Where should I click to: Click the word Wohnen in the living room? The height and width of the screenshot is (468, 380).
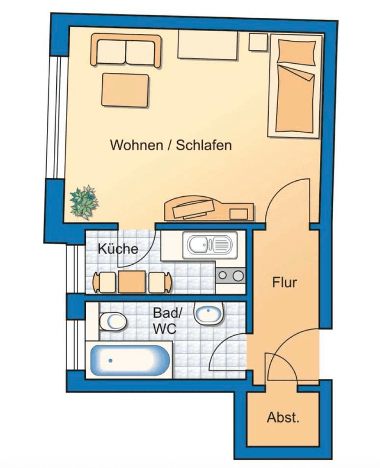tap(135, 145)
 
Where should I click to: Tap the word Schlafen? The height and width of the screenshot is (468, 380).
tap(204, 145)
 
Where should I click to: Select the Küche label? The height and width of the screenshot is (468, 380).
tap(118, 249)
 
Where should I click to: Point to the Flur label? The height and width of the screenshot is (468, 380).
tap(285, 283)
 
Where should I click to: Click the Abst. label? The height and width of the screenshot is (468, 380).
tap(283, 418)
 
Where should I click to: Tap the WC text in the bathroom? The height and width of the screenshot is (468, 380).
tap(164, 329)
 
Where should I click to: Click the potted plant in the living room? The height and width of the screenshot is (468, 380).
tap(84, 201)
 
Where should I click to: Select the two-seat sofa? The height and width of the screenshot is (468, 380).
tap(126, 51)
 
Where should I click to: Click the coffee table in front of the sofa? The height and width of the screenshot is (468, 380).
tap(125, 90)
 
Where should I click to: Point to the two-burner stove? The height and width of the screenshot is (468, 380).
tap(231, 275)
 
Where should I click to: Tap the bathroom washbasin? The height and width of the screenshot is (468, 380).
tap(208, 313)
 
